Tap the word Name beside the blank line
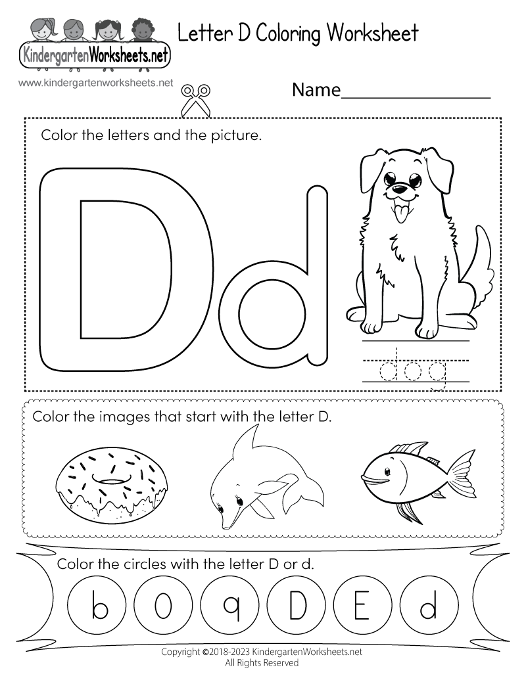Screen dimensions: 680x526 316,91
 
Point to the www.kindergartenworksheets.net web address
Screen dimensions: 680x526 96,83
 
